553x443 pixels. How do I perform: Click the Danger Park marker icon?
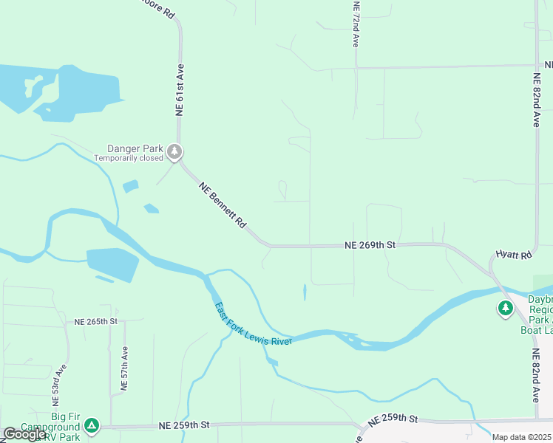[174, 152]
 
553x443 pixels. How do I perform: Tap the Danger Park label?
[135, 148]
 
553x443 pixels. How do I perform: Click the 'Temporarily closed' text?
[129, 158]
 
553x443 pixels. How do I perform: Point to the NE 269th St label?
[370, 244]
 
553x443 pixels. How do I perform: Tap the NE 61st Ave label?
[179, 89]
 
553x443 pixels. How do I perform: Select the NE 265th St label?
[96, 321]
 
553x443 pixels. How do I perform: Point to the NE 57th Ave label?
[125, 367]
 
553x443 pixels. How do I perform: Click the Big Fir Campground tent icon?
[91, 425]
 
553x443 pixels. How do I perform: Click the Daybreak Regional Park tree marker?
[506, 308]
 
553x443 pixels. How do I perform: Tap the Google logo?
[24, 434]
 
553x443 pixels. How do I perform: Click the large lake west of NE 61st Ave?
[74, 92]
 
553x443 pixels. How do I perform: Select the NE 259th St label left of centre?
[184, 425]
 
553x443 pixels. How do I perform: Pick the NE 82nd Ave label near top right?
[537, 100]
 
